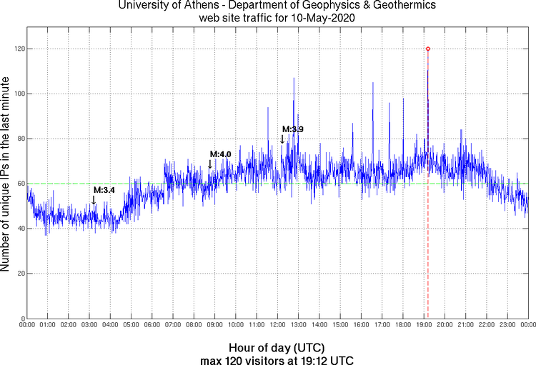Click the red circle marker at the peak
click(x=427, y=49)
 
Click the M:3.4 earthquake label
click(x=104, y=190)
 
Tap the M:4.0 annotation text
click(x=220, y=154)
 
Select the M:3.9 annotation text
click(x=293, y=129)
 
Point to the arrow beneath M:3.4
click(x=94, y=200)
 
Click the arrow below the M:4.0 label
click(x=210, y=164)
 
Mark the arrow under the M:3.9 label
click(x=283, y=139)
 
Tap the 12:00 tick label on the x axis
click(x=277, y=325)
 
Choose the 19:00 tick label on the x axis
click(x=423, y=325)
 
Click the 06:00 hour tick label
click(x=152, y=325)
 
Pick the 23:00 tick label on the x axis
click(x=507, y=325)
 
